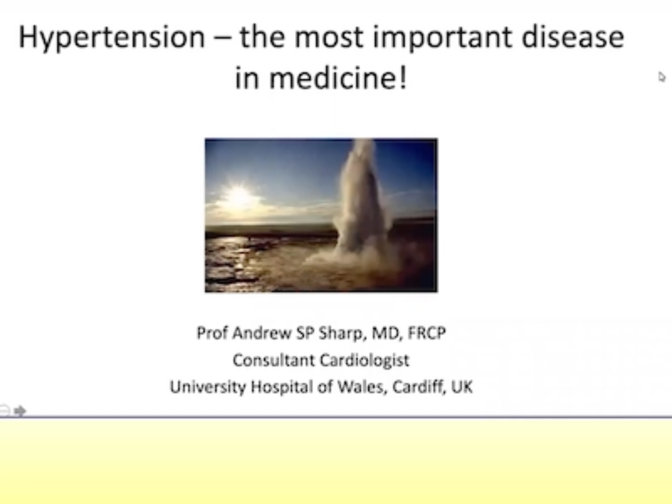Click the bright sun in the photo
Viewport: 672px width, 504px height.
(239, 196)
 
